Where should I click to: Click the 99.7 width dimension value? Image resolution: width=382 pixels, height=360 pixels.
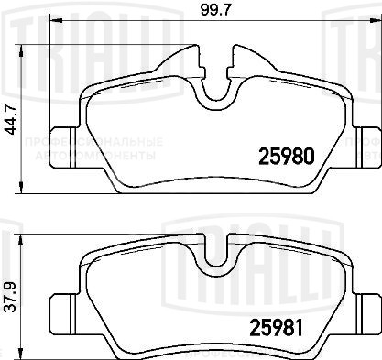215,11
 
